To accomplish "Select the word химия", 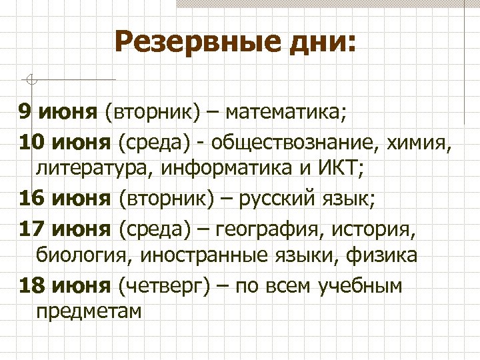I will click(x=422, y=142).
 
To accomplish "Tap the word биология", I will click(x=81, y=255).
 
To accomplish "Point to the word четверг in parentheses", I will click(x=163, y=286).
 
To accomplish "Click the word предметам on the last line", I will click(x=89, y=311).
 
